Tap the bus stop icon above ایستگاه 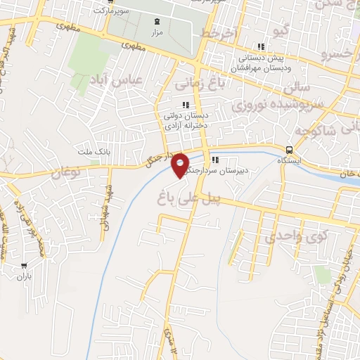(x=290, y=149)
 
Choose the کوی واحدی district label (x=293, y=236)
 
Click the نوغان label (x=67, y=170)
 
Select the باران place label (x=26, y=277)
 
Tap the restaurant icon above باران (x=26, y=266)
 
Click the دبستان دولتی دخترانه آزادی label (x=185, y=121)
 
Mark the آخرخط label (x=219, y=33)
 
